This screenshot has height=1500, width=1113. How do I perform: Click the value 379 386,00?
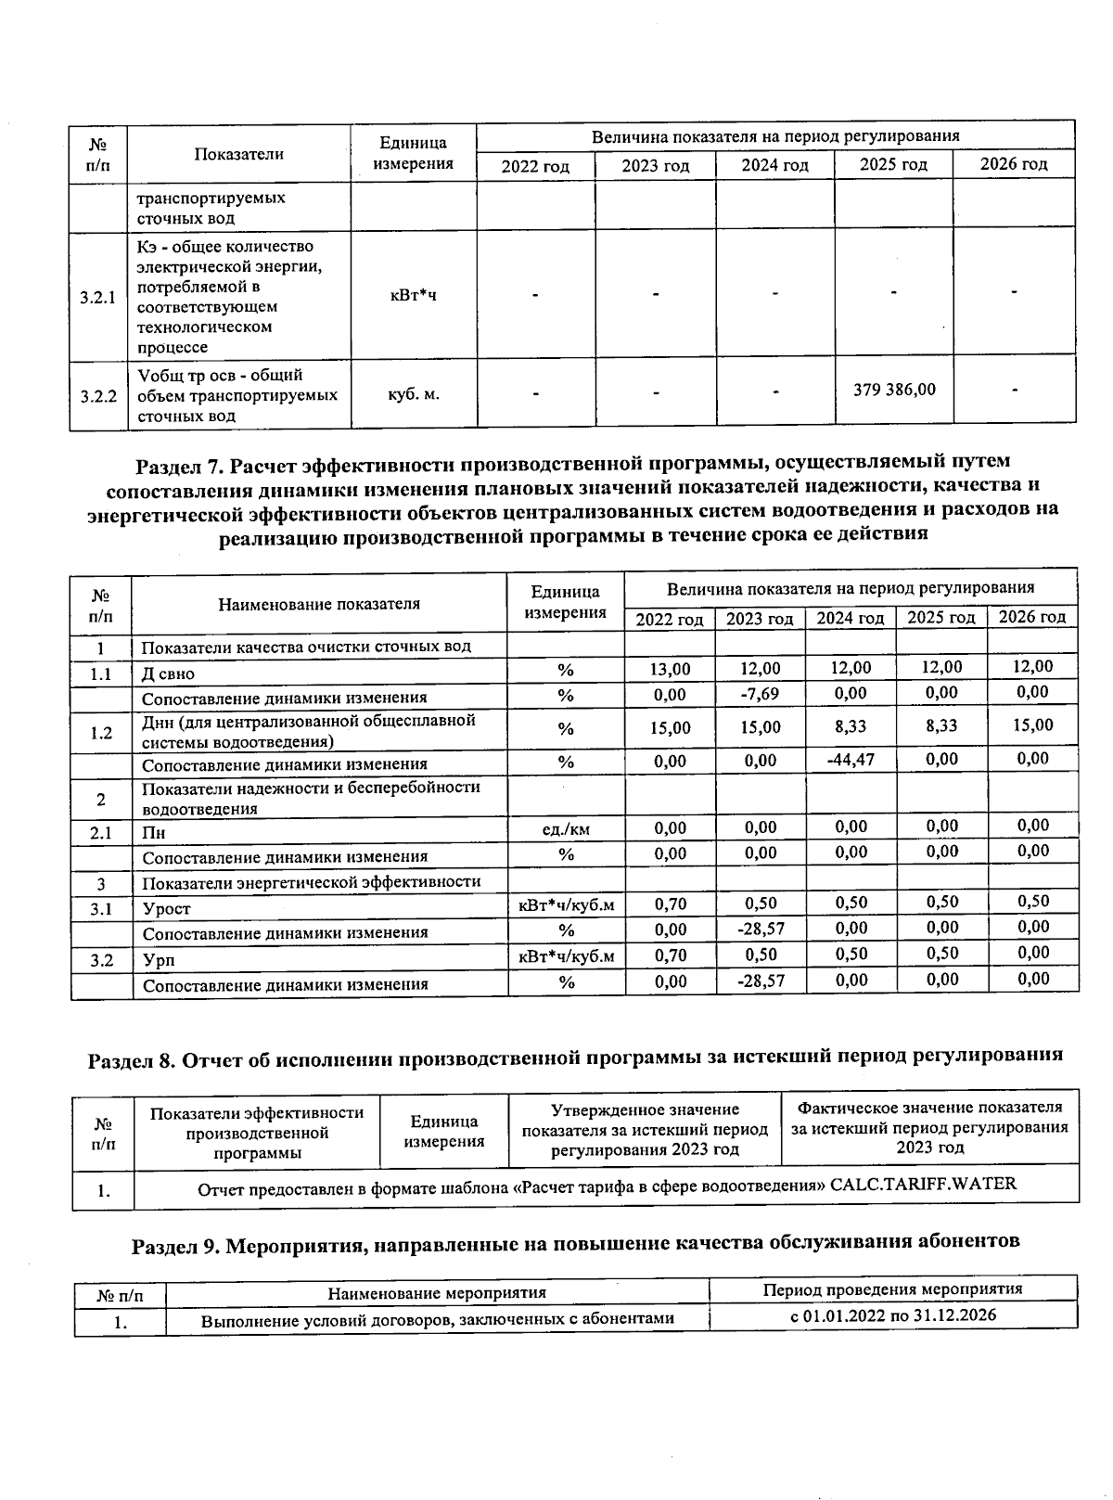[893, 390]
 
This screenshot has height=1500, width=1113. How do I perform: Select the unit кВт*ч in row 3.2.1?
[413, 295]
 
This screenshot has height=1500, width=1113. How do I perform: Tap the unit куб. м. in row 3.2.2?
[413, 394]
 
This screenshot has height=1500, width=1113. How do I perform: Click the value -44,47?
[850, 760]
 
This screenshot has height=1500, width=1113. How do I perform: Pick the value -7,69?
[760, 694]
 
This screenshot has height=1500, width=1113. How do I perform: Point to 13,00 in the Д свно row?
[670, 668]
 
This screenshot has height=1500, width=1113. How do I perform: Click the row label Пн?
[153, 833]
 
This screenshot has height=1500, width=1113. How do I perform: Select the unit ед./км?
[566, 829]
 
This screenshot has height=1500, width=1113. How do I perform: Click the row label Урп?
[158, 960]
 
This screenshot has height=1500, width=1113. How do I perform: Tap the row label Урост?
[165, 909]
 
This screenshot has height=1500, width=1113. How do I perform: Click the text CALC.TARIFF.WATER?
[923, 1185]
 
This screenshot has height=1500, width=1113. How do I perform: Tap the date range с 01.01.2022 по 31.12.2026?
[892, 1315]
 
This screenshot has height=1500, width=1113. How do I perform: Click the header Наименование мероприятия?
[437, 1292]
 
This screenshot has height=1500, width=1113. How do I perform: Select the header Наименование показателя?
[319, 604]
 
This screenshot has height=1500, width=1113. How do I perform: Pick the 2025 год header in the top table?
[893, 165]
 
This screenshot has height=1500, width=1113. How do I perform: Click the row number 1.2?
[101, 733]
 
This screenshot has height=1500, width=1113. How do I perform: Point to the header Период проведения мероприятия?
[892, 1289]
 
